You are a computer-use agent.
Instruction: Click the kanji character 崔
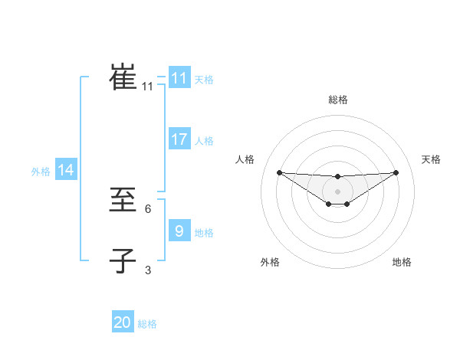coord(123,77)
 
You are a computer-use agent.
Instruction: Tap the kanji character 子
coord(123,260)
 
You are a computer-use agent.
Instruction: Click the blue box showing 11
coord(179,78)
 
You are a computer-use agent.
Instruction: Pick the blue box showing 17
coord(179,139)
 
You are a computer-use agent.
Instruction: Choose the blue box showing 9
coord(179,231)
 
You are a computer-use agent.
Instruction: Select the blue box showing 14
coord(65,171)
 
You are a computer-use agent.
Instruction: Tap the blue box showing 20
coord(123,322)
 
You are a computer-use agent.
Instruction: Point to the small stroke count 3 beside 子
coord(148,270)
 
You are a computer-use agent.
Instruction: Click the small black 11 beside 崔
coord(147,87)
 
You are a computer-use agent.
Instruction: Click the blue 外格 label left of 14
coord(41,172)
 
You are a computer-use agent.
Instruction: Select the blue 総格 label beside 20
coord(147,324)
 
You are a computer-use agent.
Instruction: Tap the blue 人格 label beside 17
coord(204,141)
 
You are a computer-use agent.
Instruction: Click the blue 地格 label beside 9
coord(204,232)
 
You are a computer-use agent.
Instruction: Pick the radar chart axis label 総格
coord(338,100)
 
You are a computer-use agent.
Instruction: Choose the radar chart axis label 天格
coord(432,159)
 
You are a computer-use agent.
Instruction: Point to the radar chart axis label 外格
coord(270,263)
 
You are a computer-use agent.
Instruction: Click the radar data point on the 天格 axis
coord(396,172)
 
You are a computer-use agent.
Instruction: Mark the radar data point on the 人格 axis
coord(279,172)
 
